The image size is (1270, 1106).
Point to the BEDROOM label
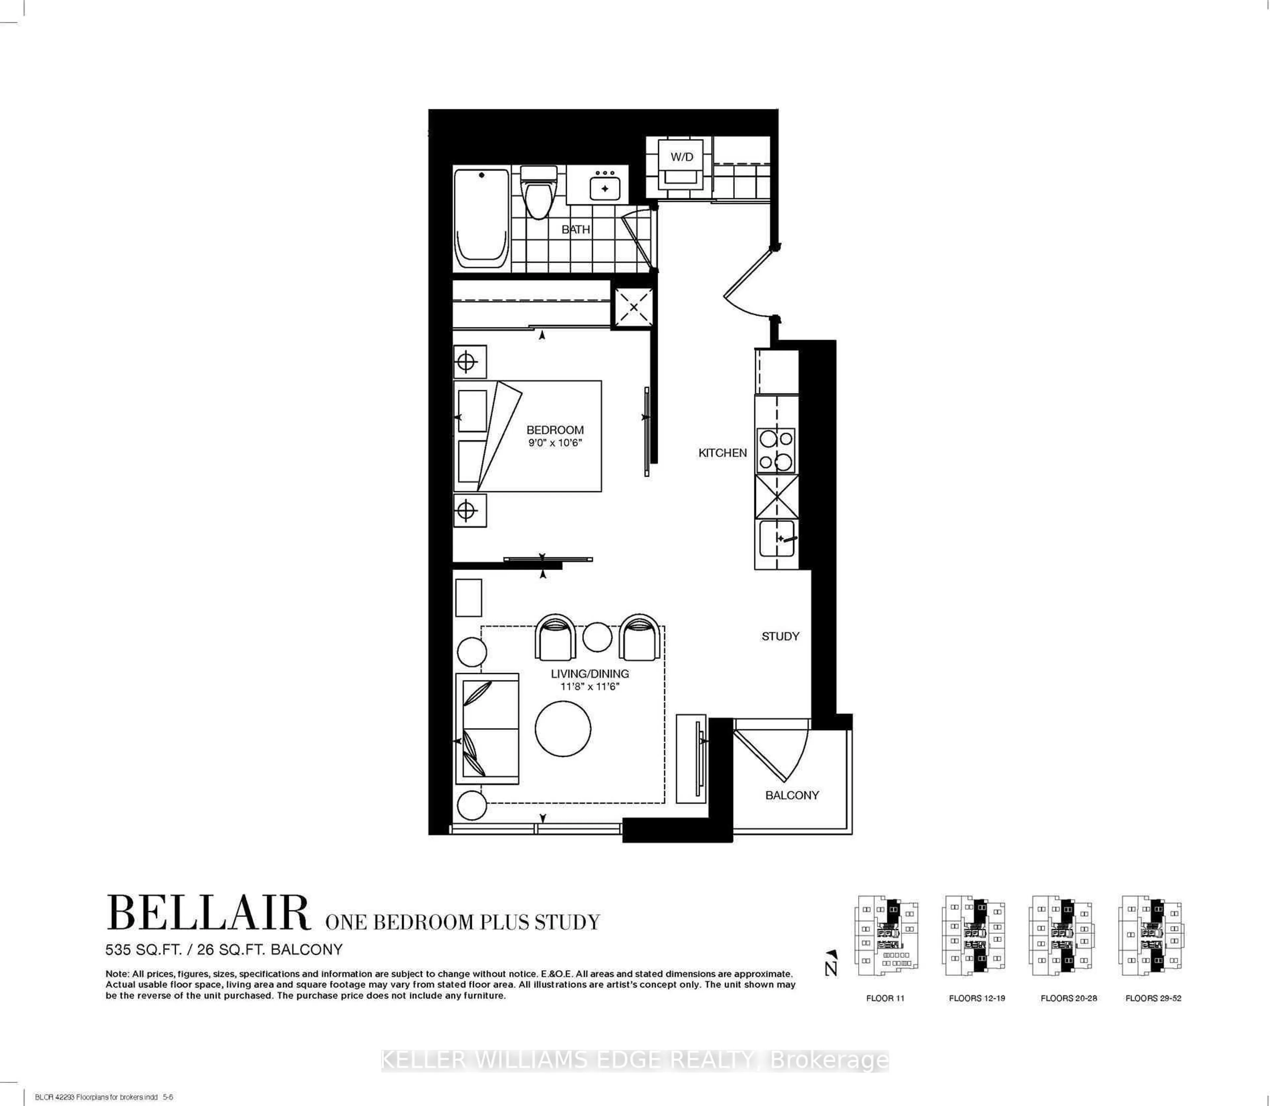554,429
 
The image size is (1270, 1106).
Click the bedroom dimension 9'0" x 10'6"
554,443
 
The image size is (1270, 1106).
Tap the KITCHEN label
722,452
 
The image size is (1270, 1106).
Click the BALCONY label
792,795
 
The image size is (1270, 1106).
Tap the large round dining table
563,728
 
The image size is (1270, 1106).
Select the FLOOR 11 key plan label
885,998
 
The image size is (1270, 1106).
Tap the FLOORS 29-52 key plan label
1153,998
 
